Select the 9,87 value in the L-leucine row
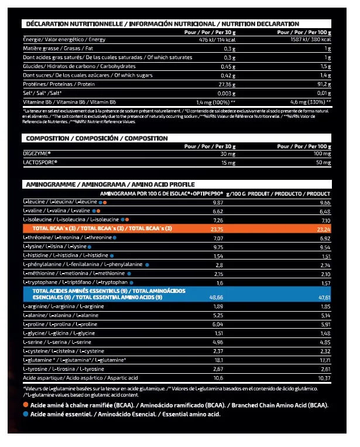217,202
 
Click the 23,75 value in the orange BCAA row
216,228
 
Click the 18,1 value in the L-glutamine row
218,360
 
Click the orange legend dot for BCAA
26,405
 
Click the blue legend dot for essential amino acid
26,414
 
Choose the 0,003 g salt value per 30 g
225,92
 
